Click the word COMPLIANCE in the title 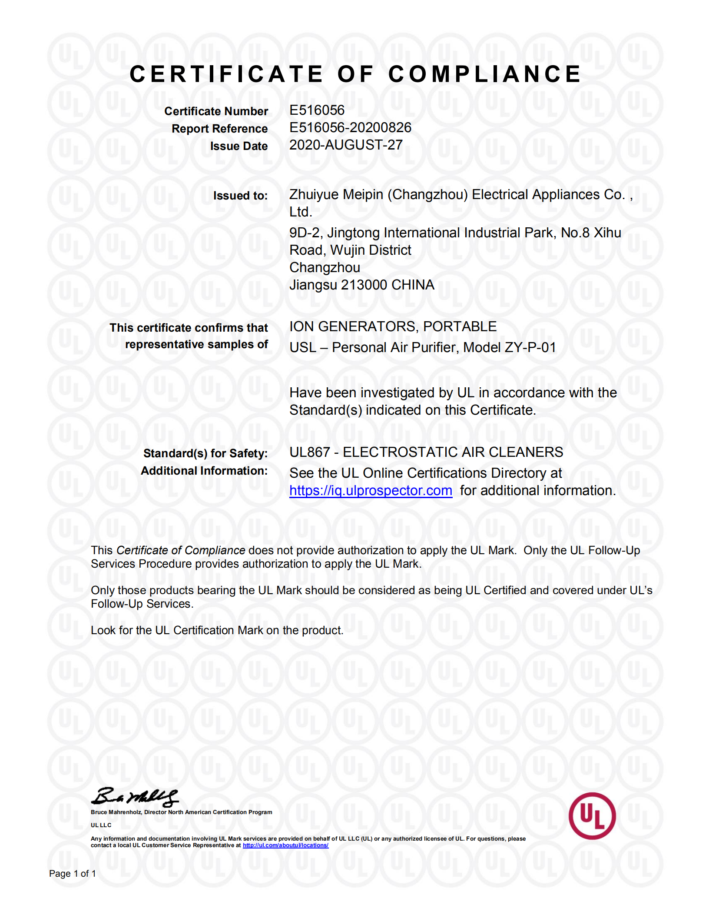coord(484,74)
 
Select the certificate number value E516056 coord(317,110)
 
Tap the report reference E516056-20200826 coord(350,128)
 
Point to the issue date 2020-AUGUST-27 coord(346,145)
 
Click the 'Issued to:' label coord(240,196)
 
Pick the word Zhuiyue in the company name coord(314,195)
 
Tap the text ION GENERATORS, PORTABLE coord(393,327)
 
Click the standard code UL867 coord(310,452)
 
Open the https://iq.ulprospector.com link coord(371,491)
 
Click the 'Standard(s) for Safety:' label coord(205,454)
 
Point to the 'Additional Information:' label coord(204,471)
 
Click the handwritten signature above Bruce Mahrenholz coord(134,797)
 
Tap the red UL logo coord(592,816)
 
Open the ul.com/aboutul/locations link coord(285,845)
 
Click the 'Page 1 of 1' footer coord(73,874)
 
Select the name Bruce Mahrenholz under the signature coord(116,812)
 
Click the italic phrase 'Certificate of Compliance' coord(181,551)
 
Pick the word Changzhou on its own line coord(325,268)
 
